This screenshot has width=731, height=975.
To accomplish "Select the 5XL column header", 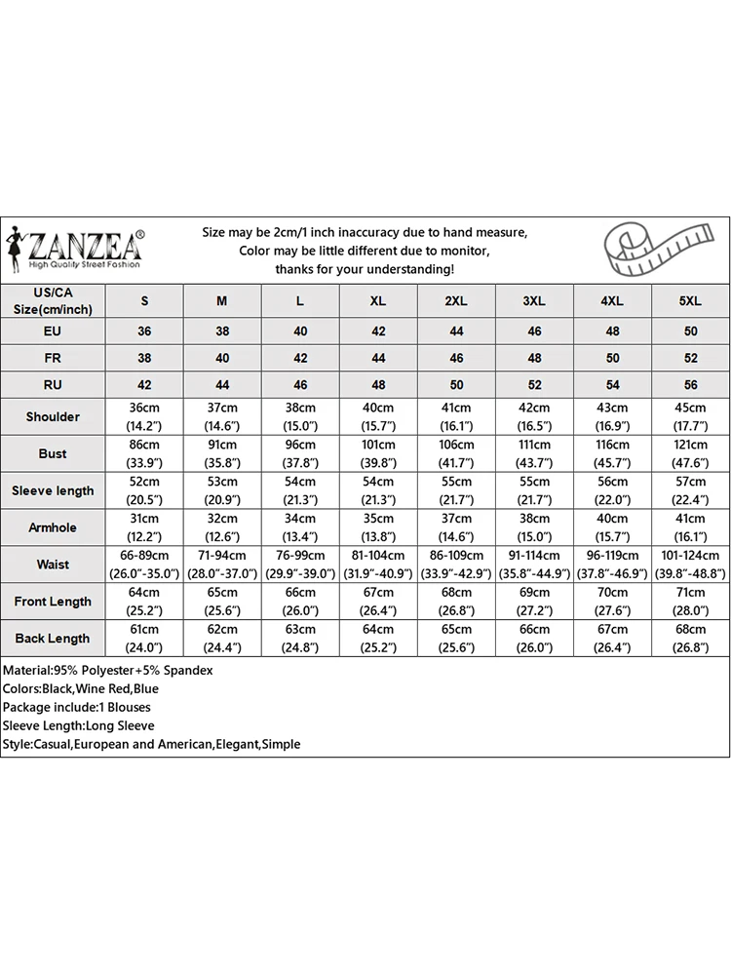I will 690,301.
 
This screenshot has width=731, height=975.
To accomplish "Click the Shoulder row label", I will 53,416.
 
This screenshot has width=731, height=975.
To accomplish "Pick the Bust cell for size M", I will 222,453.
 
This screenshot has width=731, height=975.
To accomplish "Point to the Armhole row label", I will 53,527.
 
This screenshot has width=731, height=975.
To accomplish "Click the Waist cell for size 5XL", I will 690,565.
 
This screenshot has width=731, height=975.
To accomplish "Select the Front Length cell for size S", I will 144,602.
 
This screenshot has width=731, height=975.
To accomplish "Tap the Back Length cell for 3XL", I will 534,639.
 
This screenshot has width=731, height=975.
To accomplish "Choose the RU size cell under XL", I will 378,384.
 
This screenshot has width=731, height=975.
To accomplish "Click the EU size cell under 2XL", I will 456,331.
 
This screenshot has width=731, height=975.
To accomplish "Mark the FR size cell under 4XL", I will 612,358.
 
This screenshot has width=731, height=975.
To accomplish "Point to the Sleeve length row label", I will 53,490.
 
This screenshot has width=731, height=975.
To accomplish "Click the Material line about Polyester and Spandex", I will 108,671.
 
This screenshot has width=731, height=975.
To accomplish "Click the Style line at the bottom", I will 151,744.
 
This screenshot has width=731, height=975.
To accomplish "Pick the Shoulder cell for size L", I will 300,416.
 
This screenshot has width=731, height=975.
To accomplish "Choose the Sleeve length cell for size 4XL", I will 612,490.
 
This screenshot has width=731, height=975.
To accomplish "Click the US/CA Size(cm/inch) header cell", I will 53,301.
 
